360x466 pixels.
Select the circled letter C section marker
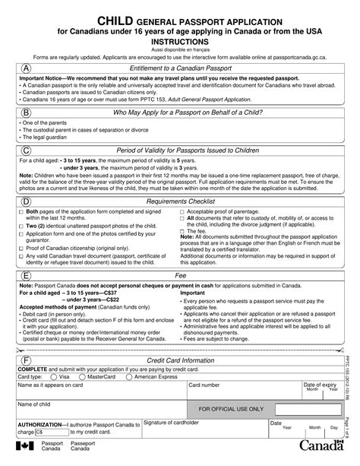[x=27, y=150]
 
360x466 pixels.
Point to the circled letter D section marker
[x=27, y=202]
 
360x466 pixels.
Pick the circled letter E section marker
[x=27, y=276]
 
